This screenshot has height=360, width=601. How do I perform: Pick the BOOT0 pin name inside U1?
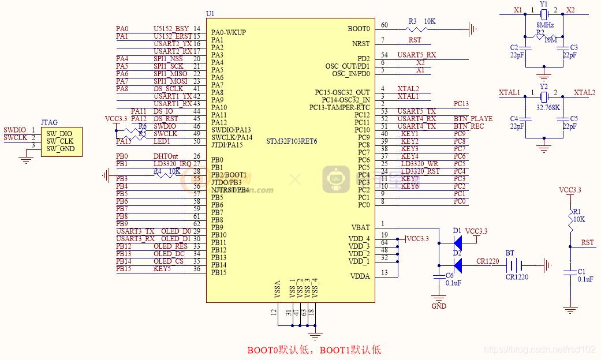[x=359, y=28]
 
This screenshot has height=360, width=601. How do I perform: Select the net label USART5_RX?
[x=416, y=55]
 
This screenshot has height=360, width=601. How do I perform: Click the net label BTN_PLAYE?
[x=473, y=119]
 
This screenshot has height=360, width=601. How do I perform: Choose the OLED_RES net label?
[x=170, y=246]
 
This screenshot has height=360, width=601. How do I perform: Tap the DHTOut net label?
[x=165, y=156]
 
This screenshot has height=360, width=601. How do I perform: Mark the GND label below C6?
[x=439, y=306]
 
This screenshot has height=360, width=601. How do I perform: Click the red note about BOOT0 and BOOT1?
[x=314, y=350]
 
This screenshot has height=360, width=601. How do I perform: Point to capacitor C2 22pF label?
[x=515, y=52]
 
